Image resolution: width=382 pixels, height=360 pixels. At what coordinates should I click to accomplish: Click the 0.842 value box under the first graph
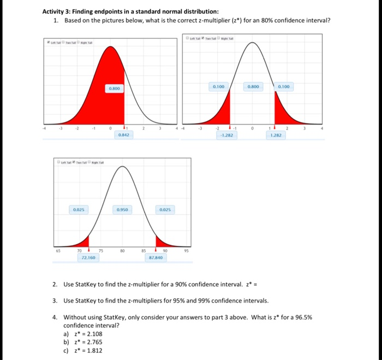123,134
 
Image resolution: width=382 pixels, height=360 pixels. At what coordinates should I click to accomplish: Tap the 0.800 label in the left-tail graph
114,88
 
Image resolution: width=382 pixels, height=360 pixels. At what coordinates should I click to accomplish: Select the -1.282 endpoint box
226,134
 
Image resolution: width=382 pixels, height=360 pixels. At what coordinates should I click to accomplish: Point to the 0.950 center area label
123,209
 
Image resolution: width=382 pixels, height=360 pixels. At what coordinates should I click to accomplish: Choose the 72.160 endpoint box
88,256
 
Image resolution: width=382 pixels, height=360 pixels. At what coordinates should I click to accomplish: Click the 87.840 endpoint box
156,256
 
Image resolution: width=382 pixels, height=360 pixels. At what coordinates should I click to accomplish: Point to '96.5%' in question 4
302,317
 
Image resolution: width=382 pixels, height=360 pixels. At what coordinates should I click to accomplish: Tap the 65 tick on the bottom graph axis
58,251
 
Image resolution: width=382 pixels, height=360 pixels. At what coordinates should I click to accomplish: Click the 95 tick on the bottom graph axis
187,251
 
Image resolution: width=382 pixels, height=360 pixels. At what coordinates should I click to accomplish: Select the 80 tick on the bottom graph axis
123,251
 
